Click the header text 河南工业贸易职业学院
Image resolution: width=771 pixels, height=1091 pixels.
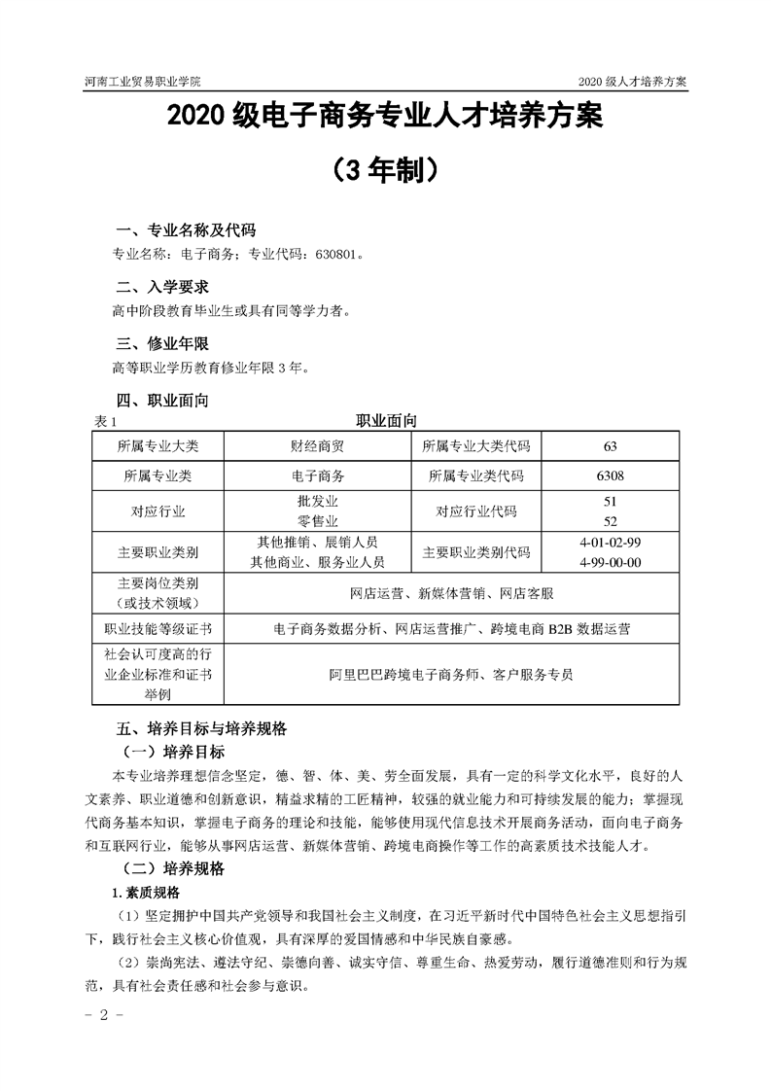coord(149,82)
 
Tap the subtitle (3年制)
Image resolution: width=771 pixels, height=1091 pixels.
coord(385,172)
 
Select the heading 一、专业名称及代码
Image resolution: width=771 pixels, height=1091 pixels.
coord(185,231)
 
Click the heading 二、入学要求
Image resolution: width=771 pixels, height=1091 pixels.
coord(161,288)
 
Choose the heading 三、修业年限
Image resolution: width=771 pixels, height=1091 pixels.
coord(161,344)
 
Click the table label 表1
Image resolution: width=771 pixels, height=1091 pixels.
coord(104,422)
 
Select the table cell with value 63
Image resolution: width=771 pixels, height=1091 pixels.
coord(611,446)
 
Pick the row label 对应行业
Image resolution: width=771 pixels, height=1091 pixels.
coord(158,510)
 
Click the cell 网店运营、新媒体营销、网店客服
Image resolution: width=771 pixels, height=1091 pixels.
coord(452,593)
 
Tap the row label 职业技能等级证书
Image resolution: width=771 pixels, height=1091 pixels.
coord(158,629)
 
